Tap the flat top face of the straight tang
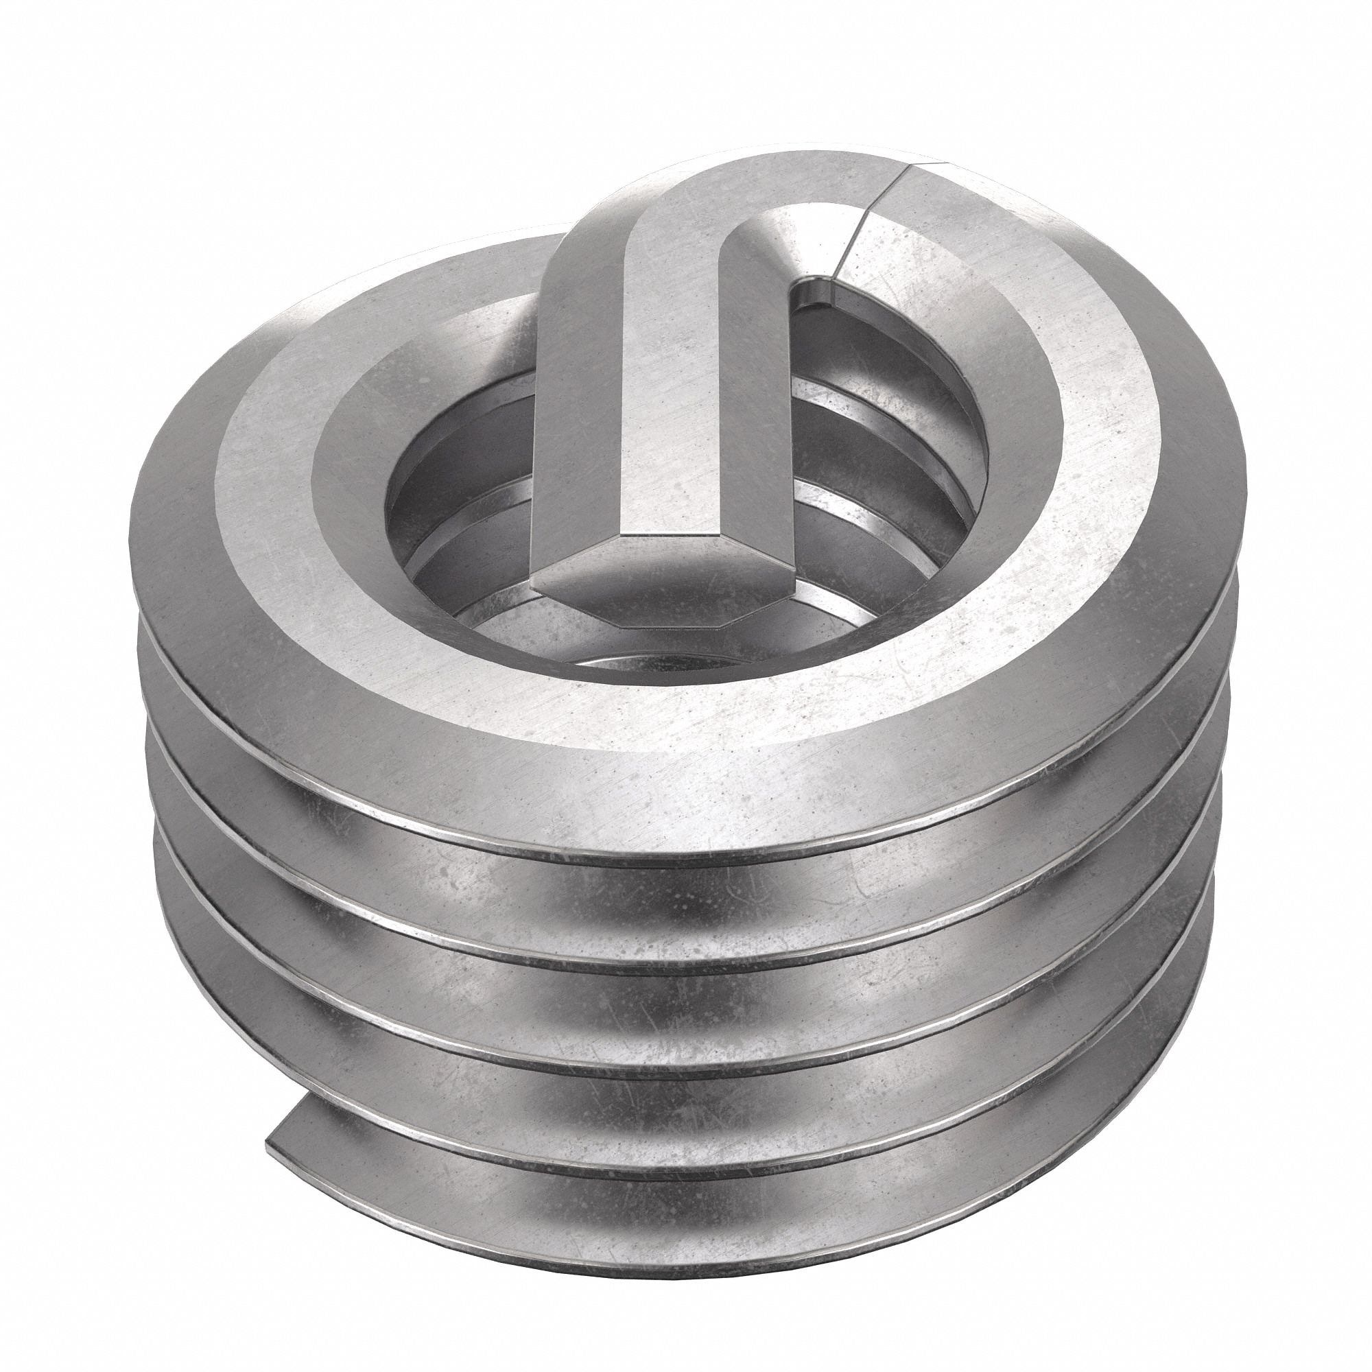click(682, 398)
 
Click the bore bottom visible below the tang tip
click(639, 653)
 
